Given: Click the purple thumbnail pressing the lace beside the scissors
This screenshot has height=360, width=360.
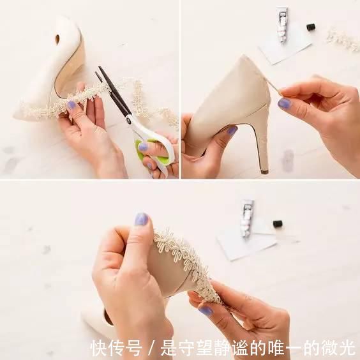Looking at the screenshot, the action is pyautogui.click(x=71, y=105).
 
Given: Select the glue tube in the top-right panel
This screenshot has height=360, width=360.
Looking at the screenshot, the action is pyautogui.click(x=281, y=25).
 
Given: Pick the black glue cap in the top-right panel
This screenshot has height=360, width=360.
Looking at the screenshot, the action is pyautogui.click(x=311, y=27).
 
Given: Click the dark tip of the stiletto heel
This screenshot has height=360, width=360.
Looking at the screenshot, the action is pyautogui.click(x=264, y=172).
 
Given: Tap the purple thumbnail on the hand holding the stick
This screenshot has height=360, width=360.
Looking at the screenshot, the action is pyautogui.click(x=285, y=103).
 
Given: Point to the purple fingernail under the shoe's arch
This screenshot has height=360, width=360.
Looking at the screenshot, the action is pyautogui.click(x=232, y=131).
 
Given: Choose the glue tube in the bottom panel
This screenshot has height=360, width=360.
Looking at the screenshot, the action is pyautogui.click(x=247, y=218).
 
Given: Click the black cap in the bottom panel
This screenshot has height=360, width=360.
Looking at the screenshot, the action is pyautogui.click(x=278, y=223).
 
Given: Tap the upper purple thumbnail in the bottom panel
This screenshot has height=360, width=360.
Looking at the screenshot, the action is pyautogui.click(x=141, y=219).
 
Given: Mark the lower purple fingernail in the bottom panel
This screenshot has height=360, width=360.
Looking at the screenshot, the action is pyautogui.click(x=206, y=311).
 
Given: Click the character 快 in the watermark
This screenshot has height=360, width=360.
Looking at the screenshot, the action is pyautogui.click(x=99, y=348).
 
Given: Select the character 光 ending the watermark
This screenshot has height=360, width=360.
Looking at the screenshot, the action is pyautogui.click(x=347, y=348).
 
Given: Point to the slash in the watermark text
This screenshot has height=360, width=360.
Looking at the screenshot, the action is pyautogui.click(x=151, y=348).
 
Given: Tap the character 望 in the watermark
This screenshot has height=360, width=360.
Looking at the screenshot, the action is pyautogui.click(x=206, y=348).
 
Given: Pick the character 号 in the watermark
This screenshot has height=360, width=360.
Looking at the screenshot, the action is pyautogui.click(x=134, y=348).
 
